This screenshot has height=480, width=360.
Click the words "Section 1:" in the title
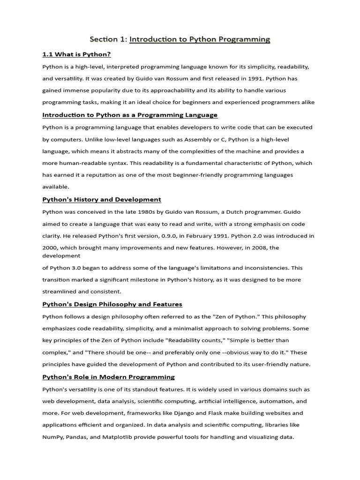coord(109,40)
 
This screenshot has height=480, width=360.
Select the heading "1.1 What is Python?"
coord(76,54)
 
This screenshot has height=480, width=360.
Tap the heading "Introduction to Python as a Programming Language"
coord(130,115)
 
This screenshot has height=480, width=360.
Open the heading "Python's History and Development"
coord(102,199)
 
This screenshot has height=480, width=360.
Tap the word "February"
coord(191,236)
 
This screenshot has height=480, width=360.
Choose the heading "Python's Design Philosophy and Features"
coord(112,304)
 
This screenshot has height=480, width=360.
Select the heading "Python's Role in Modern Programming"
coord(108,377)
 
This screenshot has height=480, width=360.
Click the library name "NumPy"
coord(55,437)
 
